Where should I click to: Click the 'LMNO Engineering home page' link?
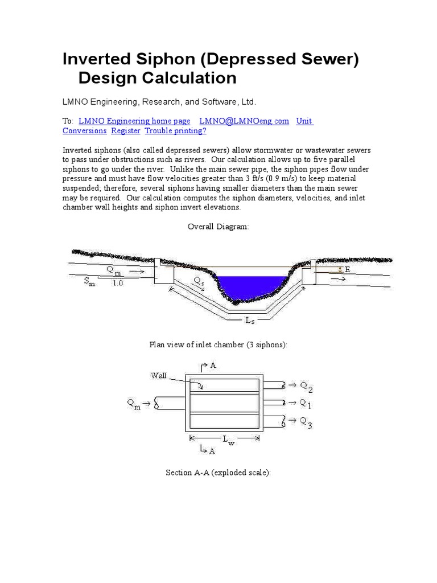tap(134, 121)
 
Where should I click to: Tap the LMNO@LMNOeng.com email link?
tap(244, 121)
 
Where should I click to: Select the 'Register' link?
tap(126, 130)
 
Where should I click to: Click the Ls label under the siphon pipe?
tap(250, 321)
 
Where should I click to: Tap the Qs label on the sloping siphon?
tap(199, 281)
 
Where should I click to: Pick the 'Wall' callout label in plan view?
tap(158, 376)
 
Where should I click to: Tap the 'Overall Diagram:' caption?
tap(218, 227)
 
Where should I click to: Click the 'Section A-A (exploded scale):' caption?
tap(218, 473)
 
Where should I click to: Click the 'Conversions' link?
tap(84, 130)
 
